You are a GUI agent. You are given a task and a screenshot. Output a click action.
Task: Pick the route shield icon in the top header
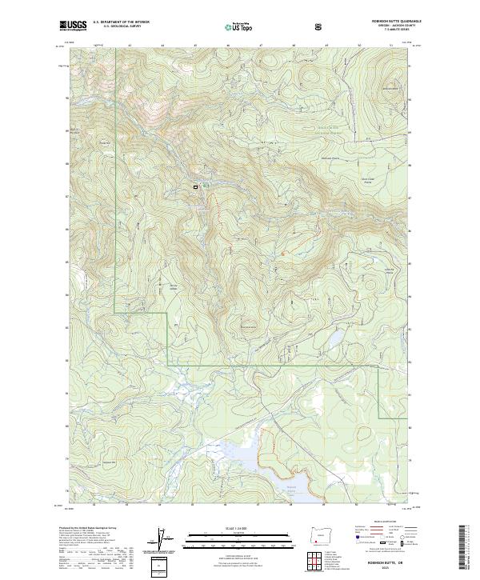click(x=320, y=27)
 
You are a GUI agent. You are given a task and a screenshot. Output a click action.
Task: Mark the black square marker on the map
click(x=194, y=186)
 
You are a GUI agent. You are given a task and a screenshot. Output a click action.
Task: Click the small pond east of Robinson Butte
click(x=330, y=342)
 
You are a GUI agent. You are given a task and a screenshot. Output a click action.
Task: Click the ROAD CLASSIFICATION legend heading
click(x=382, y=526)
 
